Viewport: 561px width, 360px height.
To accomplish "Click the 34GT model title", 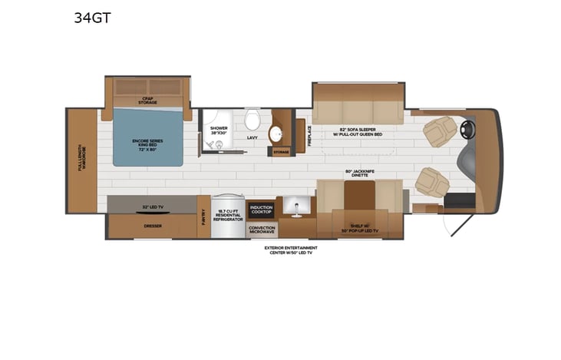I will click(x=92, y=17).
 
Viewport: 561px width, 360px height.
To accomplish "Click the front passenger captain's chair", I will click(x=432, y=182).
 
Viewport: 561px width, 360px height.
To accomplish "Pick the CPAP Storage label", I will click(x=149, y=100).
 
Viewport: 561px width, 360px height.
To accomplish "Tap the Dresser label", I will click(x=151, y=226).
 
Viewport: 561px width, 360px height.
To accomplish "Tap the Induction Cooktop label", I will click(x=262, y=209).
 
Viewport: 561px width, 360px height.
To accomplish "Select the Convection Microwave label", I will click(x=262, y=229).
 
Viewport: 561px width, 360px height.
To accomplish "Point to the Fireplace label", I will click(x=309, y=135).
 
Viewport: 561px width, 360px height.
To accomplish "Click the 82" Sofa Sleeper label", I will click(x=358, y=132).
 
